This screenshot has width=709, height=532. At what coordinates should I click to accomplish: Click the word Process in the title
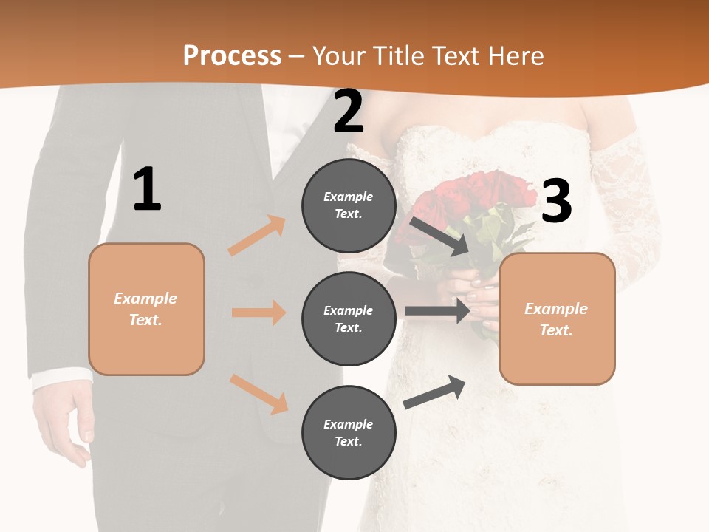point(232,55)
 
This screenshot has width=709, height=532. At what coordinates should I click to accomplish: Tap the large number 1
point(147,189)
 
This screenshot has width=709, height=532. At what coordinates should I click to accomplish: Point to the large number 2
point(349,112)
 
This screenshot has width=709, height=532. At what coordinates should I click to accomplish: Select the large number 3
point(556,201)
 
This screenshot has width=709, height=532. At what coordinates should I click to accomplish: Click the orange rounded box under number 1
point(146,309)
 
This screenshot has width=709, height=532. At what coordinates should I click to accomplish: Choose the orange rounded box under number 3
point(557,318)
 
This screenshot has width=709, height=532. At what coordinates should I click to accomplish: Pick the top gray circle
point(349,205)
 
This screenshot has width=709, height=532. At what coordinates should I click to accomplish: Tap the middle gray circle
point(349,318)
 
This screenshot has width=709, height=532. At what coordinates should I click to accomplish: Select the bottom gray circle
point(349,432)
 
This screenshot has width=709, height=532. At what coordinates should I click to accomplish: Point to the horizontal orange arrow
point(258,313)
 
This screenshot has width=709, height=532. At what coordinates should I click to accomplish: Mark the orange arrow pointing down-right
point(258,393)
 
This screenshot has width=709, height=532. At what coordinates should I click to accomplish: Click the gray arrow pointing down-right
point(439,236)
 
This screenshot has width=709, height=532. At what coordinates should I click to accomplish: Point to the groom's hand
point(64,421)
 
